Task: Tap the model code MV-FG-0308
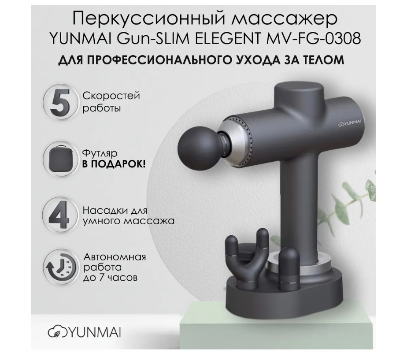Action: [312, 39]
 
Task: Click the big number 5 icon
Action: [60, 102]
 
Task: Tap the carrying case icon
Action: [60, 159]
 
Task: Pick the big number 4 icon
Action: [60, 215]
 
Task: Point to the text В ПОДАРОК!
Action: [114, 164]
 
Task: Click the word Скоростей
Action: [111, 96]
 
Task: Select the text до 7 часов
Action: [110, 278]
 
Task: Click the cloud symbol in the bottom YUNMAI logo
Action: [55, 333]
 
